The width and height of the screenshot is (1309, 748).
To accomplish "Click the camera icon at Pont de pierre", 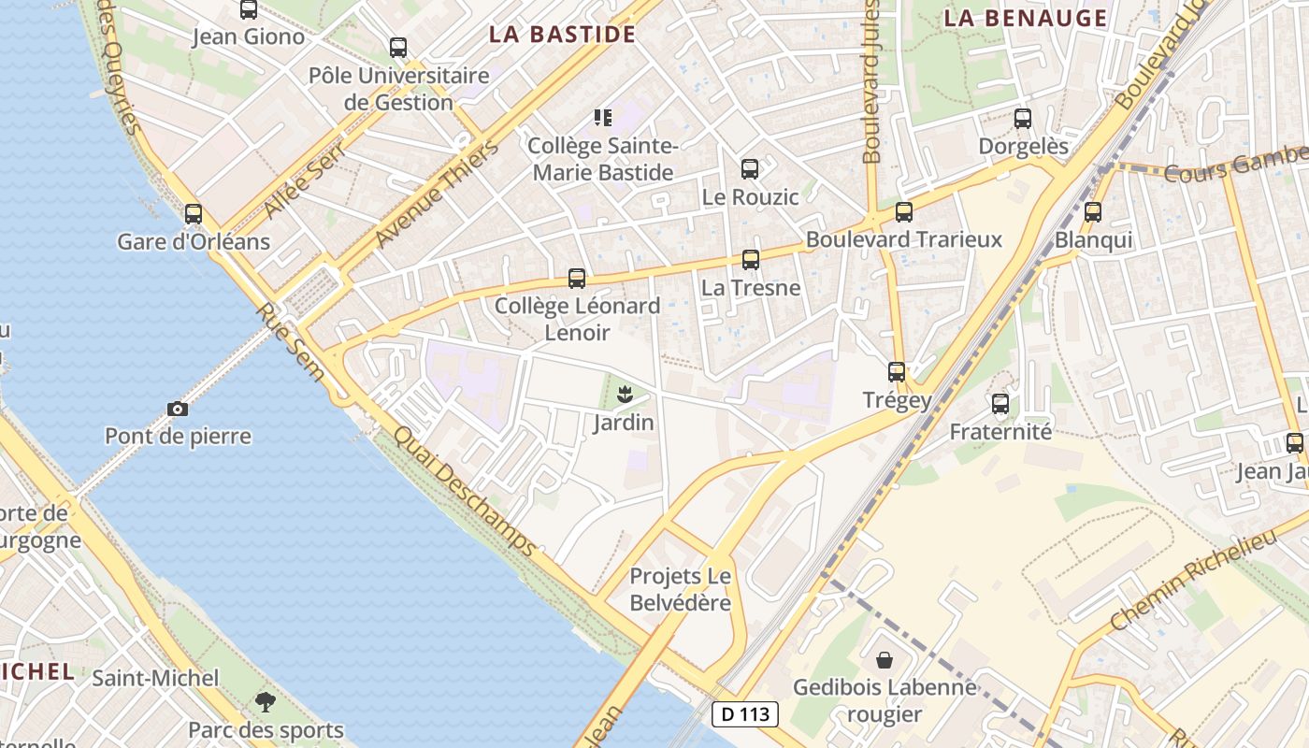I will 177,409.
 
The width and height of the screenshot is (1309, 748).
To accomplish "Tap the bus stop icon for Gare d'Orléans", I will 194,214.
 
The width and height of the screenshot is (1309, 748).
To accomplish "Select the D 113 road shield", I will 745,714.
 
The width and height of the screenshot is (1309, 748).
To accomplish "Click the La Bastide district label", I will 563,36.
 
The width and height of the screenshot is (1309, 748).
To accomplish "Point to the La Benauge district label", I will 1025,18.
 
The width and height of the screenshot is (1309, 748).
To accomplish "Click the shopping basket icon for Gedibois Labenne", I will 884,660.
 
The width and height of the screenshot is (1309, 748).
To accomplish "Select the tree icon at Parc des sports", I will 266,701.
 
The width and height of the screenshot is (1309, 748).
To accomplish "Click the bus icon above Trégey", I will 897,372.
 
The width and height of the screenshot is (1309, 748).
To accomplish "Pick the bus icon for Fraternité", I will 1000,404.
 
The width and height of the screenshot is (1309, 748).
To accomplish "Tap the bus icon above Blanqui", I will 1093,212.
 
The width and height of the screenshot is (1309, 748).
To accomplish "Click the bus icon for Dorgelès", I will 1023,119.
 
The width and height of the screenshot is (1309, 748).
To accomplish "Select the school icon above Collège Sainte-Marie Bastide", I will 603,118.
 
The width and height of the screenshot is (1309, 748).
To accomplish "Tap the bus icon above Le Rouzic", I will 750,169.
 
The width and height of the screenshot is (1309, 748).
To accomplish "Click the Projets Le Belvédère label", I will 680,589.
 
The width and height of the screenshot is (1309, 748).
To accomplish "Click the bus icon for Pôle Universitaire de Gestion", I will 398,48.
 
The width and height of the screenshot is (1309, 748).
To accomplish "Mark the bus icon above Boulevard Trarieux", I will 903,212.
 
